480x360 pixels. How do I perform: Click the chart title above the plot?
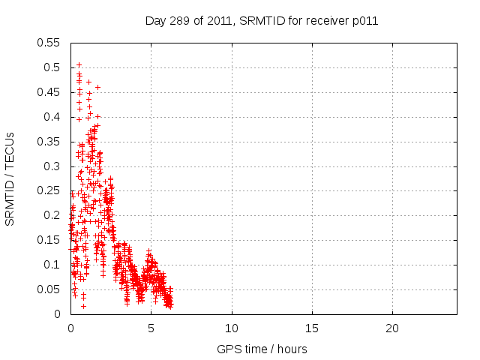(261, 21)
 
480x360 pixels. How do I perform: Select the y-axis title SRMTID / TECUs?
(10, 178)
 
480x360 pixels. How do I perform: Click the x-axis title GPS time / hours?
(261, 349)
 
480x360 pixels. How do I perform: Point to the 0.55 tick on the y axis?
(50, 43)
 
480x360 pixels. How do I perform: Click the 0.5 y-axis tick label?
(53, 67)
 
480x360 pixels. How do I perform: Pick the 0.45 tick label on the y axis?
(50, 92)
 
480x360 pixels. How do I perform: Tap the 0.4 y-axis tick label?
(53, 117)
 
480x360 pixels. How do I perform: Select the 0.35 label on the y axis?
(50, 142)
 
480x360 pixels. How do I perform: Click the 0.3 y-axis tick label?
(53, 166)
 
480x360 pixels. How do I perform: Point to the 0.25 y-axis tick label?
(50, 190)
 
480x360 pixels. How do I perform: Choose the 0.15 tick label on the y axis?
(50, 240)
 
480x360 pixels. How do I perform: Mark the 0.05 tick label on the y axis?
(50, 289)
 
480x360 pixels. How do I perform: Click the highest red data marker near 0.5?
(79, 64)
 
